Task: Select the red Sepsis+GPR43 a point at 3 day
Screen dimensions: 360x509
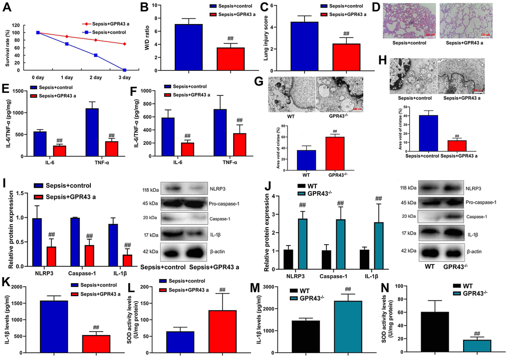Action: (124, 44)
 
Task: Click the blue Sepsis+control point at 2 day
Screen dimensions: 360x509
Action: (95, 55)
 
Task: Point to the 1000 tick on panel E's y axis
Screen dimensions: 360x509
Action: (21, 113)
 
